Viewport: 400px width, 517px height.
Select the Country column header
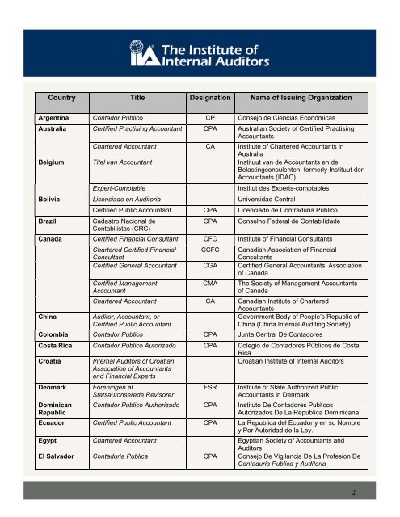[x=61, y=98]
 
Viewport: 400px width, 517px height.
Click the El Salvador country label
[x=57, y=455]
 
